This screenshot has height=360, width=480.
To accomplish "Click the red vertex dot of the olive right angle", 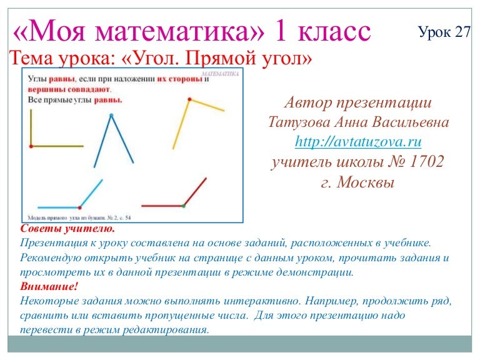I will pyautogui.click(x=31, y=146).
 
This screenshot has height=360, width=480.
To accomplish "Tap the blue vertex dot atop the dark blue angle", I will pyautogui.click(x=111, y=116).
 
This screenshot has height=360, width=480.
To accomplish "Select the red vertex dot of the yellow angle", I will pyautogui.click(x=188, y=99).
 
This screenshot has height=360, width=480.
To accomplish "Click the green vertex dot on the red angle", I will pyautogui.click(x=183, y=205).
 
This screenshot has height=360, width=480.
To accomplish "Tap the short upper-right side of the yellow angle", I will pyautogui.click(x=206, y=104).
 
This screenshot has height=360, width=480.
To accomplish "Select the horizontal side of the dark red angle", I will pyautogui.click(x=162, y=205).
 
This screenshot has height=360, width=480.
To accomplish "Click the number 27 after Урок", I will pyautogui.click(x=462, y=33).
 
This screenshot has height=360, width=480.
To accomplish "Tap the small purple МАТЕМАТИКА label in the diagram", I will pyautogui.click(x=221, y=74).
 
